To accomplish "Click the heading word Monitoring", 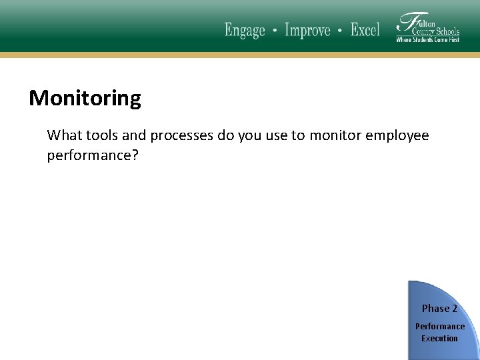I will (x=85, y=99).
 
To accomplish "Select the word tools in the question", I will (x=103, y=136).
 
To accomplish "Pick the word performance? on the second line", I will (x=93, y=155).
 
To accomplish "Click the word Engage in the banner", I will (x=245, y=31).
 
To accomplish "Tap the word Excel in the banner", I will (x=365, y=30).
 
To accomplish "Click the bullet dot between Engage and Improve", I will (x=275, y=31).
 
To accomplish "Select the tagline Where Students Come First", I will (x=427, y=40).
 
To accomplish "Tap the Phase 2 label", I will (x=439, y=309).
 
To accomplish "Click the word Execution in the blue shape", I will (x=439, y=339).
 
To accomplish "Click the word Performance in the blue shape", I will (x=440, y=327).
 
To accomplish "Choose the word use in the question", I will (x=276, y=136).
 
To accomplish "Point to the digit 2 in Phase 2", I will (x=454, y=309).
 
